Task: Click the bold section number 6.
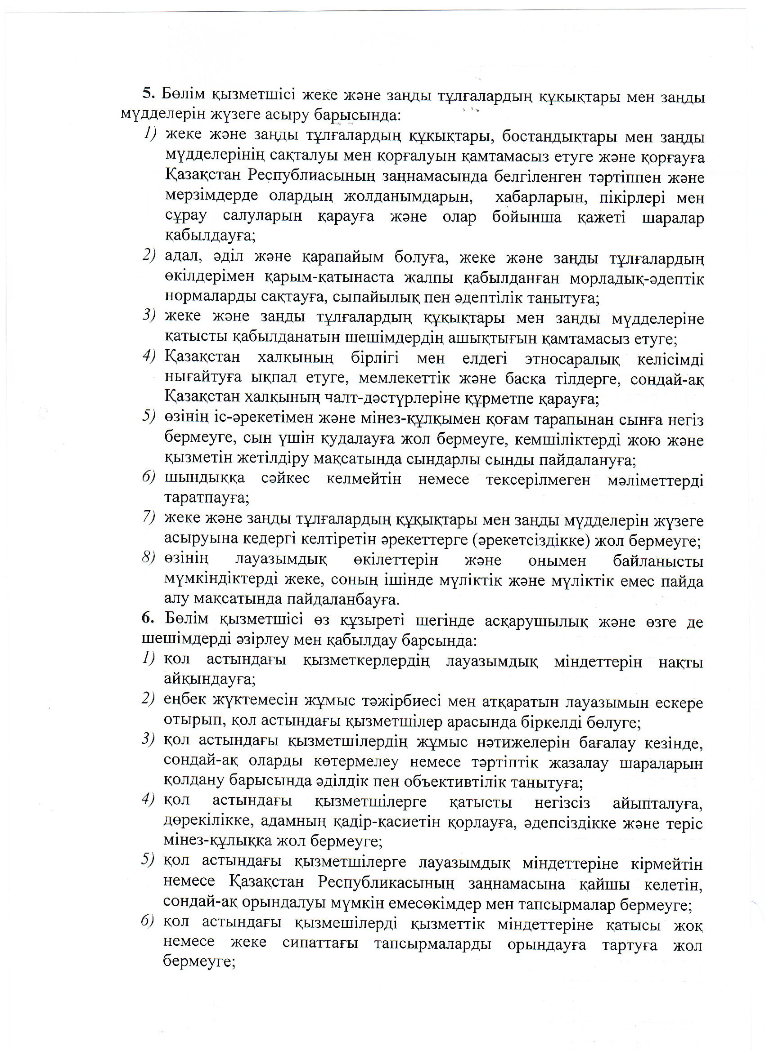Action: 147,618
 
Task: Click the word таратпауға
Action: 207,498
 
